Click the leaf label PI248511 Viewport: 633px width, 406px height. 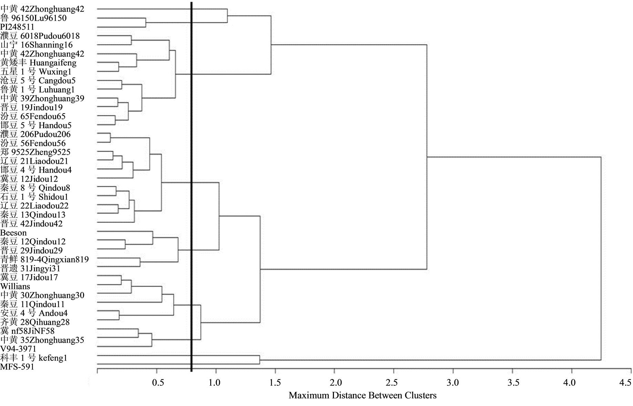[17, 27]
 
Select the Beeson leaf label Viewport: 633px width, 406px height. [13, 233]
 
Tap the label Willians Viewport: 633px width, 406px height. [15, 287]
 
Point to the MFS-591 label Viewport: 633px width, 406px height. [17, 367]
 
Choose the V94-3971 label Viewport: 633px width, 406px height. [18, 349]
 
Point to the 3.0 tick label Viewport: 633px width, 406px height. [453, 383]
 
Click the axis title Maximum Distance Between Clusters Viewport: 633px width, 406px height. [363, 395]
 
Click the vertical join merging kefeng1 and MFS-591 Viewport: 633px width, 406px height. [259, 360]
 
